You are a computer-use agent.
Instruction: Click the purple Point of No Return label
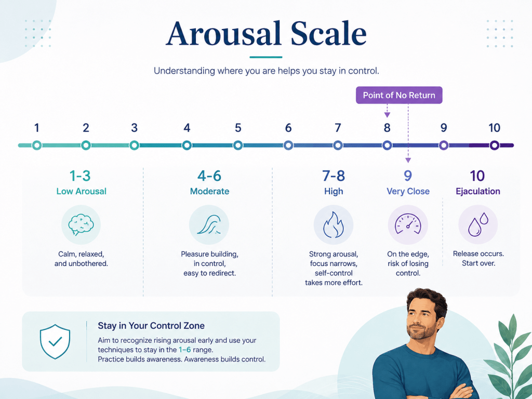point(399,95)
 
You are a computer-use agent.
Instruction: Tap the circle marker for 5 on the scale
point(238,145)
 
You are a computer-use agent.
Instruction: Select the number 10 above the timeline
point(495,128)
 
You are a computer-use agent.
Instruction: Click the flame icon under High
point(333,224)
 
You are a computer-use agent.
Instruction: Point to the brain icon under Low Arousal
point(81,224)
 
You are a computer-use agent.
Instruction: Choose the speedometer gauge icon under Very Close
point(408,224)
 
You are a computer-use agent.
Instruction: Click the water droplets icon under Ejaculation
point(478,224)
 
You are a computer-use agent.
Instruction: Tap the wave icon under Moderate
point(209,224)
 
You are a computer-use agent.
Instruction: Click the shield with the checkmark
point(55,341)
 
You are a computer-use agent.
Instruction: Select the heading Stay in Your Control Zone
point(151,326)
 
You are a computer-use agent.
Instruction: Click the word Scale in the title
point(329,34)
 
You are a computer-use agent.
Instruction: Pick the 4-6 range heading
point(209,176)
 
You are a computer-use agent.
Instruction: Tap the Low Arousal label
point(81,191)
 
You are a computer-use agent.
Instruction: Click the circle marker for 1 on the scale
point(37,145)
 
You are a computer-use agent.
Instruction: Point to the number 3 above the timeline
point(135,128)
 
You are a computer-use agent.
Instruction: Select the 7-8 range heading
point(333,176)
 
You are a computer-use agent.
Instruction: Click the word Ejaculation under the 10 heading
point(478,191)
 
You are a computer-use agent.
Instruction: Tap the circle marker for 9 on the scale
point(444,145)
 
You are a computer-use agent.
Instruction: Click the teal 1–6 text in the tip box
point(184,350)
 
